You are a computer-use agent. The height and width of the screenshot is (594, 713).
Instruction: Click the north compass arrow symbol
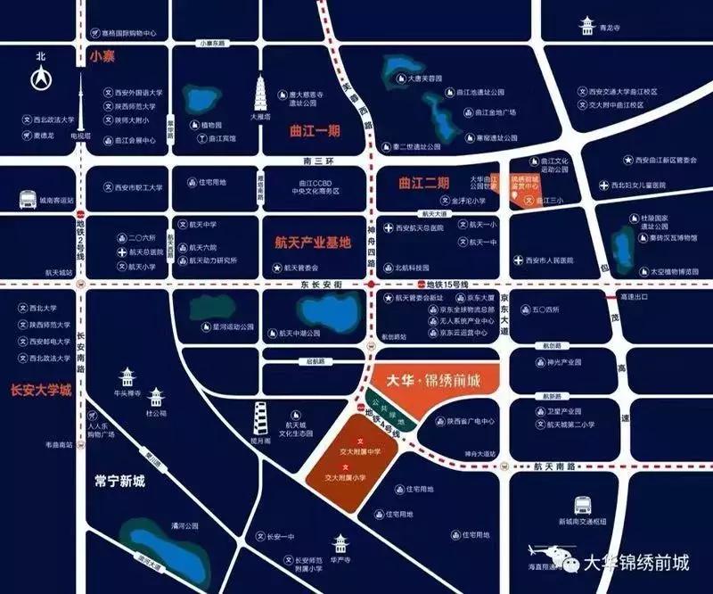41,79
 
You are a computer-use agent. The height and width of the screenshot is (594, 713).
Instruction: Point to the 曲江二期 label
423,184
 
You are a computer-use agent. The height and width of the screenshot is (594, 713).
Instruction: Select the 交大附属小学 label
348,478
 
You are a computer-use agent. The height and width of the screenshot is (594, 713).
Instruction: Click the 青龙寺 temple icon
587,24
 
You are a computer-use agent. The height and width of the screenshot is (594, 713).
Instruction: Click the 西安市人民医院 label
553,260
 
